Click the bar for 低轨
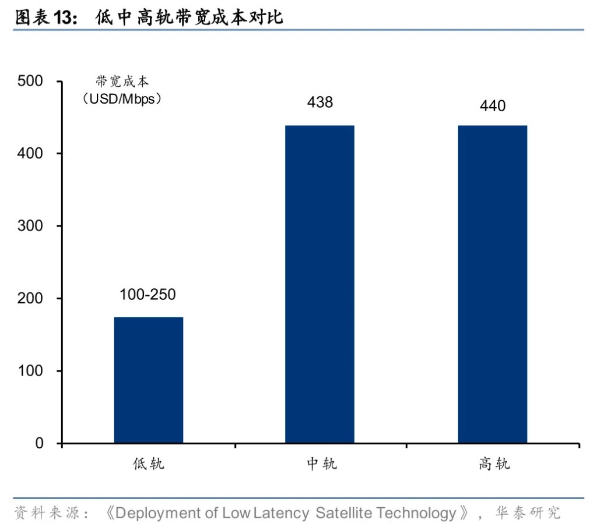pos(148,380)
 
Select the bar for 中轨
pos(319,284)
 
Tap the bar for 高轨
pos(492,284)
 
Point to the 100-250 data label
pos(148,295)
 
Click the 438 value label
pos(319,102)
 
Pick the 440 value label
pos(493,105)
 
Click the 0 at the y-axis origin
pos(39,444)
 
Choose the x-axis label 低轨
pos(148,464)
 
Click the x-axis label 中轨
pos(321,464)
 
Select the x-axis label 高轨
pos(494,464)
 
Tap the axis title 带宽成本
pos(122,81)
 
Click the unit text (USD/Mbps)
pos(122,98)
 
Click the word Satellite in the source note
pos(343,513)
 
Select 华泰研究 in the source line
pos(528,513)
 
